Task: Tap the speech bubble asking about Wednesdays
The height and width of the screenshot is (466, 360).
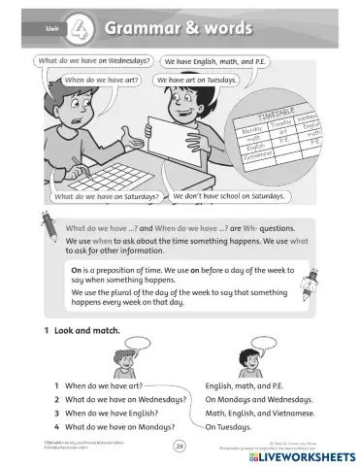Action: click(x=92, y=62)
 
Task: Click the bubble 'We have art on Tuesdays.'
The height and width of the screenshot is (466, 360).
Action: click(x=197, y=80)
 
